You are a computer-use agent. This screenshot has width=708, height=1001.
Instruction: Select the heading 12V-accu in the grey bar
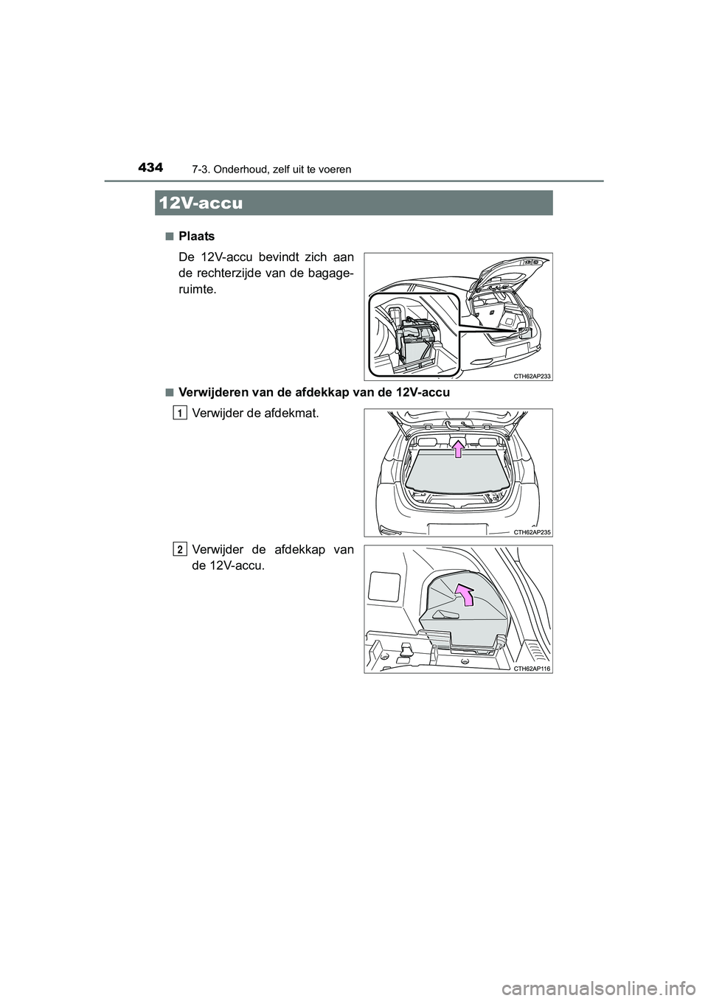coord(200,203)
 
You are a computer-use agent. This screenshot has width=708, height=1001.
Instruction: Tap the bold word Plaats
coord(198,237)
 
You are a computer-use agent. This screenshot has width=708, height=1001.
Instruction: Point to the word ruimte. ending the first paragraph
coord(199,289)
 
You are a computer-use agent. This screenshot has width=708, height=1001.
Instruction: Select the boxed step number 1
coord(180,414)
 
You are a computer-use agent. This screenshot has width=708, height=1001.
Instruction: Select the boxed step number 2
coord(180,548)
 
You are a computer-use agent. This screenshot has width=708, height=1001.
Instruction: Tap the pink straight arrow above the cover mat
coord(458,448)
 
